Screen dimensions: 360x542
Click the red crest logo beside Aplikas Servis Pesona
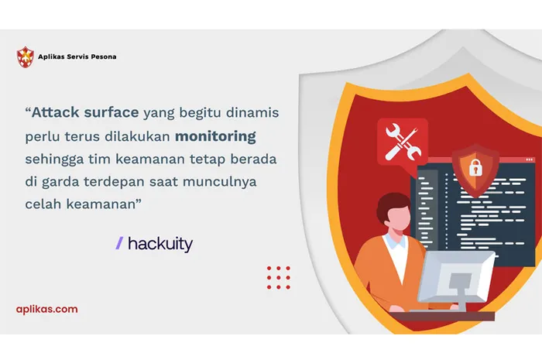coord(26,57)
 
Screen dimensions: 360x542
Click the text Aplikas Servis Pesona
coord(81,57)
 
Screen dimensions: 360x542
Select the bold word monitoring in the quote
coord(215,136)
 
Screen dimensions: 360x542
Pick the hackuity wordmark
coord(160,244)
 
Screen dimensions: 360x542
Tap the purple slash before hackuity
coord(119,244)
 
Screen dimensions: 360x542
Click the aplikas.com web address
coord(46,309)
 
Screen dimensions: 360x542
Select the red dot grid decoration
coord(278,277)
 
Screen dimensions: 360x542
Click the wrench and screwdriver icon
coord(402,142)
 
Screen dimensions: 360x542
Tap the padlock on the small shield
coord(475,166)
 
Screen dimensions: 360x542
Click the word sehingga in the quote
coord(57,159)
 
